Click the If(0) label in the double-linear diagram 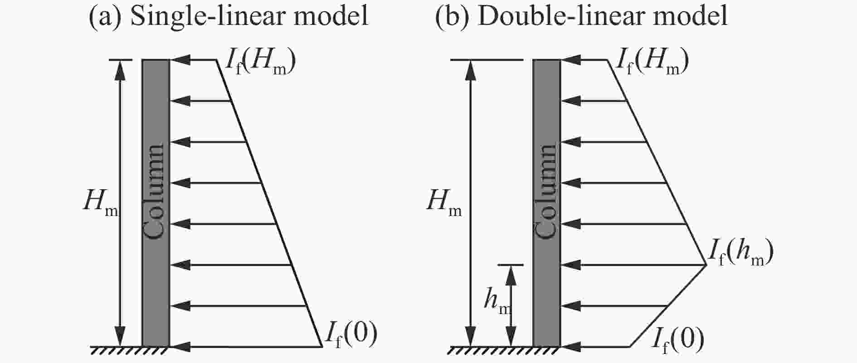coord(677,339)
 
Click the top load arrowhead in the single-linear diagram coord(179,60)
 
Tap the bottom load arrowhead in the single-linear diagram coord(179,347)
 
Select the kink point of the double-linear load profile coord(706,265)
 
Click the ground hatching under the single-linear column coord(130,350)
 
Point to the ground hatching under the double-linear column coord(505,350)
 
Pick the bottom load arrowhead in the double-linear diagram coord(570,347)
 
